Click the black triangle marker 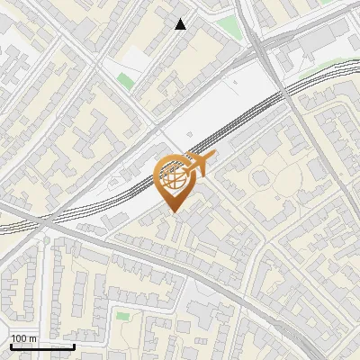point(181,23)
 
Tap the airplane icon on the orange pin point(199,164)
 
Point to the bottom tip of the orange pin point(174,212)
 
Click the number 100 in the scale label point(19,338)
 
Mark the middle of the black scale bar point(42,346)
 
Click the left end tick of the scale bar point(10,345)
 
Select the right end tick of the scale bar point(75,345)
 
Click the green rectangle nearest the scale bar point(122,316)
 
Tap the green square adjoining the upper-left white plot point(124,80)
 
